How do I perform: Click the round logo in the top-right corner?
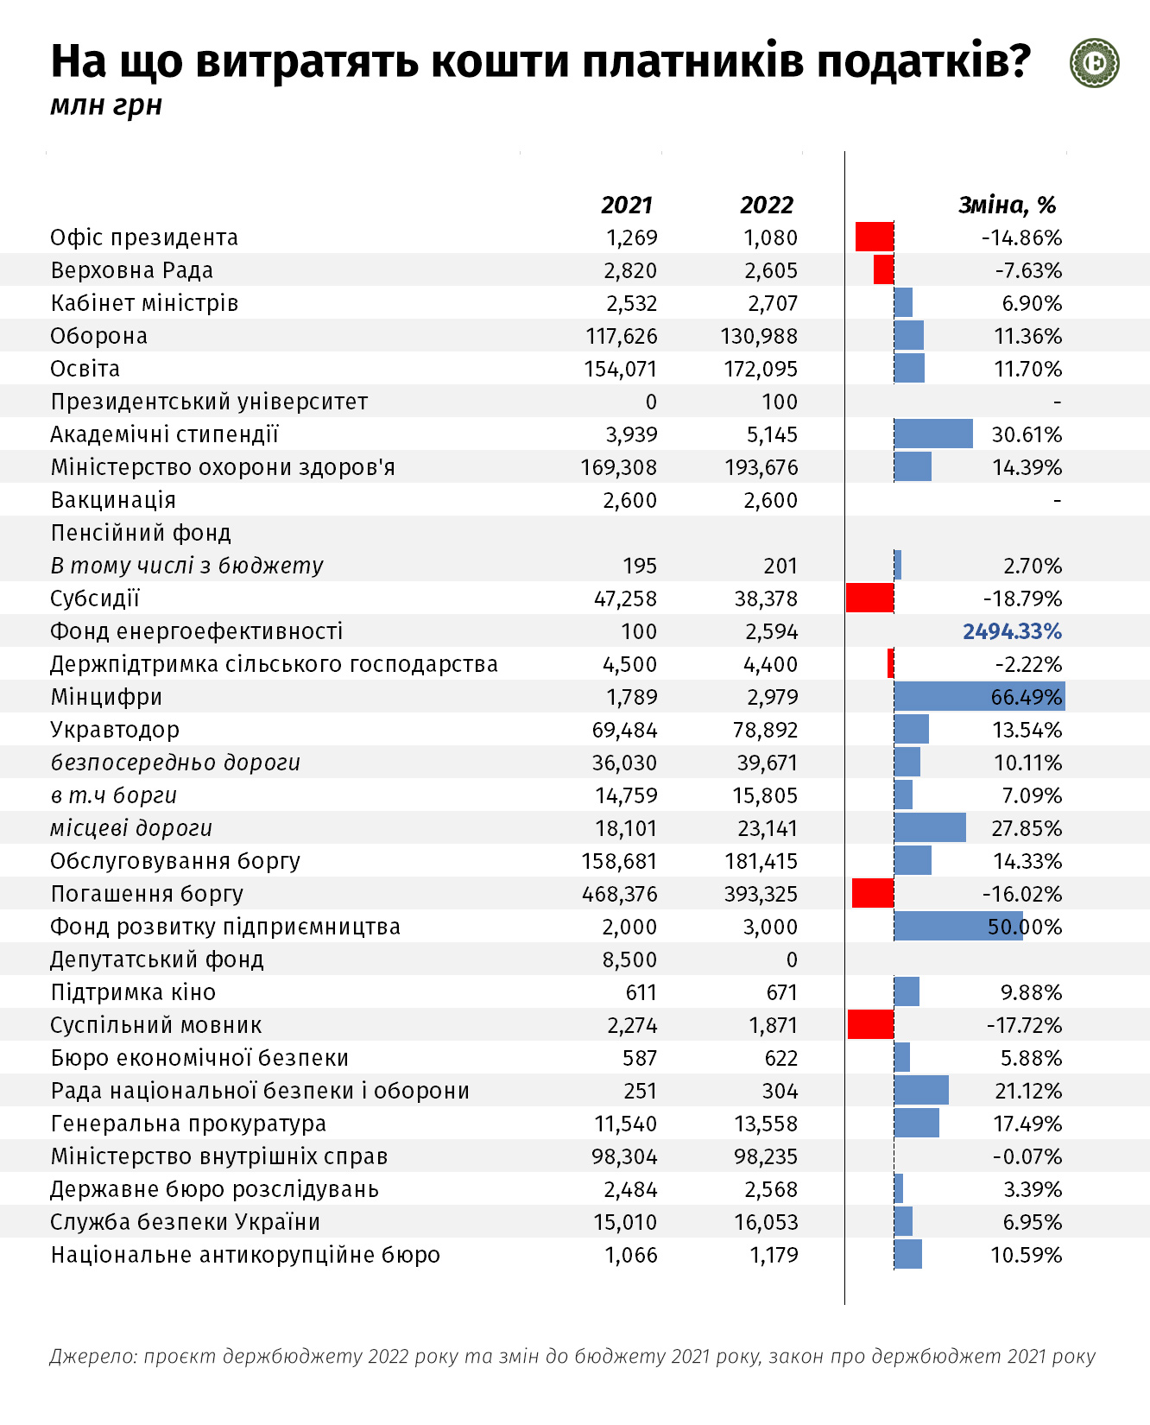click(1095, 63)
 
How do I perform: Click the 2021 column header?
click(627, 205)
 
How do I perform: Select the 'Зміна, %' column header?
click(1008, 205)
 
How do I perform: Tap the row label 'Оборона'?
click(99, 336)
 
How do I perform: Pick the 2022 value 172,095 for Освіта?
click(761, 369)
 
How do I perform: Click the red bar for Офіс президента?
click(875, 237)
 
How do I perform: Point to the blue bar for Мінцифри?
click(980, 696)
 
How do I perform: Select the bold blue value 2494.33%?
click(1013, 631)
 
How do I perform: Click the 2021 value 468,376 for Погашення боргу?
click(620, 894)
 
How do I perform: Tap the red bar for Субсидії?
click(870, 598)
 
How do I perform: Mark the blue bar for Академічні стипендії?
click(933, 434)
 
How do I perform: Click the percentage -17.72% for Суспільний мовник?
click(1025, 1025)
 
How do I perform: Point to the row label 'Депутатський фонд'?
click(157, 959)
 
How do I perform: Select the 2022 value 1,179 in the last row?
click(774, 1255)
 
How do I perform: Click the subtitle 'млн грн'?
click(106, 105)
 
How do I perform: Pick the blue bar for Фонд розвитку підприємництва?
click(958, 926)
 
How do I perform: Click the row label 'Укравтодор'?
click(115, 730)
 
